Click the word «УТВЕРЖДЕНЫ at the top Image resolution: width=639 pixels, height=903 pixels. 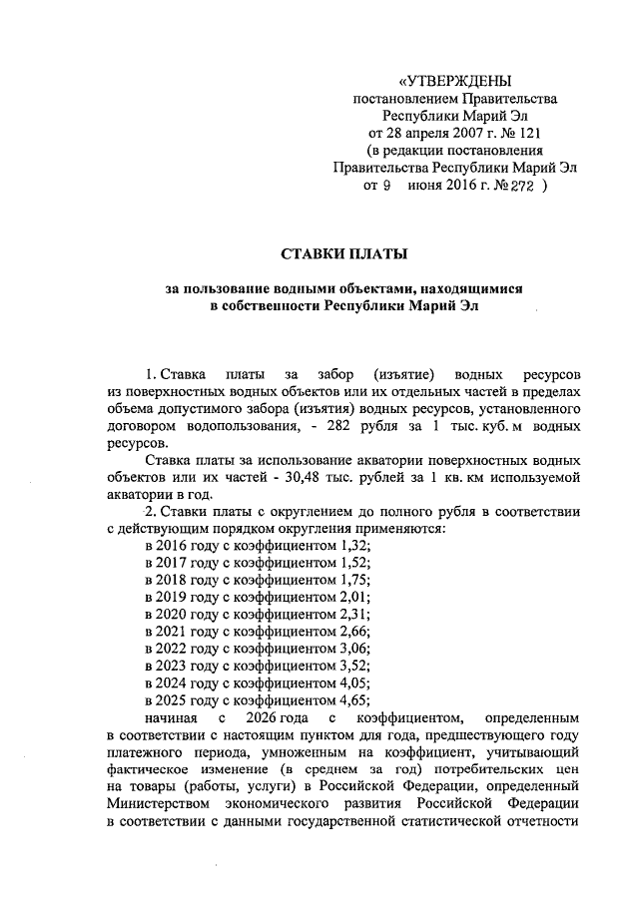[x=453, y=80]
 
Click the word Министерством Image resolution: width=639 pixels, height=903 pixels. [x=156, y=803]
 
